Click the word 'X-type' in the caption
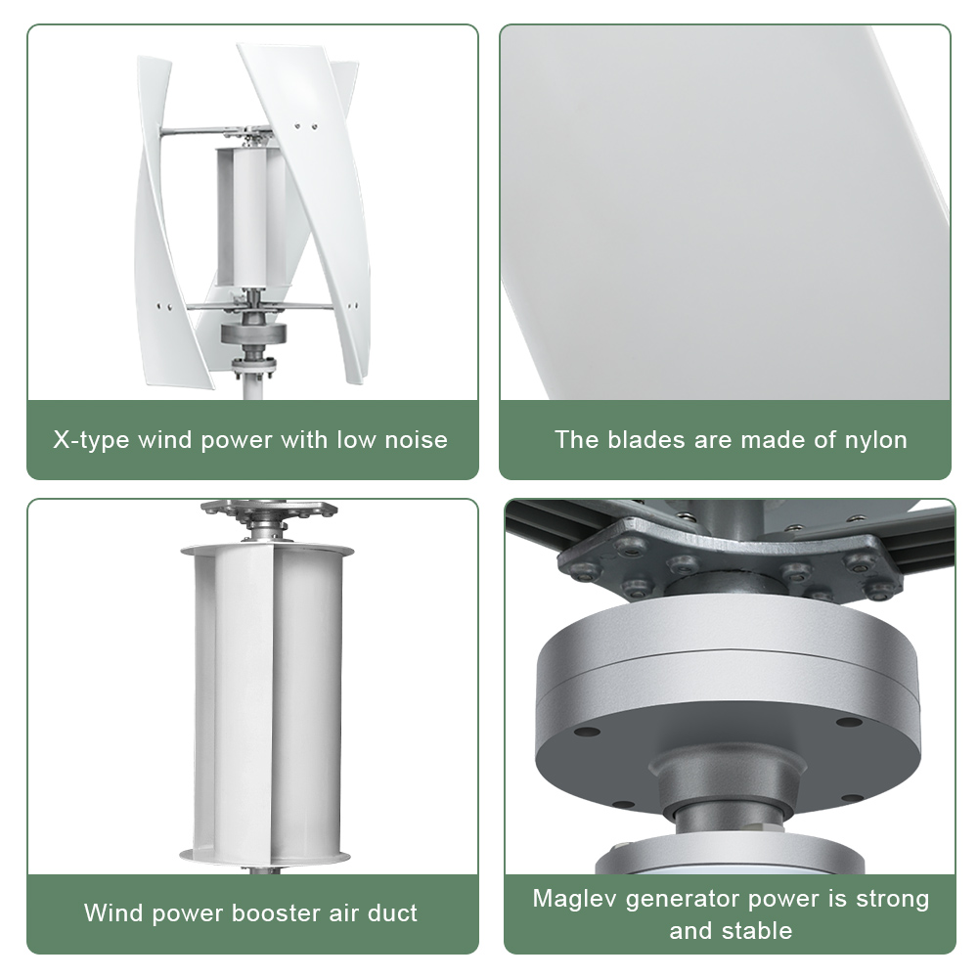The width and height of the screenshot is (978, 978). pos(91,441)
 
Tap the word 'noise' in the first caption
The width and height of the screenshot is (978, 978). pos(416,440)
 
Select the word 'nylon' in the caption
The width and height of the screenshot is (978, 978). pos(875,441)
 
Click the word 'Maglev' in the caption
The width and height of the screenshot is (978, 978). pos(574,900)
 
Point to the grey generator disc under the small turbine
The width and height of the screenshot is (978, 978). pos(254,333)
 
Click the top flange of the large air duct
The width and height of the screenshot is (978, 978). pos(267,550)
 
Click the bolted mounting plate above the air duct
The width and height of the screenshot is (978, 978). pos(270,511)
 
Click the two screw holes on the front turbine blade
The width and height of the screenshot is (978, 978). pos(305,126)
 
